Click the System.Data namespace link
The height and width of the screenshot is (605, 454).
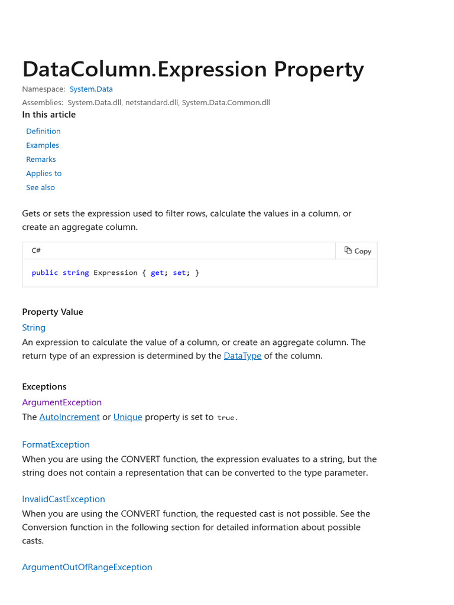coord(91,89)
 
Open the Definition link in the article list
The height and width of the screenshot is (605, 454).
coord(43,131)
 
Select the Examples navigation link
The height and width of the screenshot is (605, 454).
coord(43,145)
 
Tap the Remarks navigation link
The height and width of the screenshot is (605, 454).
coord(41,160)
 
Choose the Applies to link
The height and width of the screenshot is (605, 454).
coord(44,174)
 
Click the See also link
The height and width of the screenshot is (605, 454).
coord(40,187)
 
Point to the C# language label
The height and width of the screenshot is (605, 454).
coord(36,251)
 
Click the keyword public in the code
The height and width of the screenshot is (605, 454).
coord(45,273)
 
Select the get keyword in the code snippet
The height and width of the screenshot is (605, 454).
coord(157,273)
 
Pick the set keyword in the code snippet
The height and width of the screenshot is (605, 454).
coord(179,273)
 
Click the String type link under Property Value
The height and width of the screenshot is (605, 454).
coord(34,328)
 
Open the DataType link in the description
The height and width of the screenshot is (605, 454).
coord(242,356)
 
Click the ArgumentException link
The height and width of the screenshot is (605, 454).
coord(62,402)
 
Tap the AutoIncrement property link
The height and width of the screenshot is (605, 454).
coord(69,417)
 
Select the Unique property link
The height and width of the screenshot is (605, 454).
coord(128,417)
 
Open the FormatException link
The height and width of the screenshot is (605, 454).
coord(56,445)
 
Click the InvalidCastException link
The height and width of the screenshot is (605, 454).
coord(63,499)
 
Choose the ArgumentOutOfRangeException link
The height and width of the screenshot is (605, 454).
coord(87,567)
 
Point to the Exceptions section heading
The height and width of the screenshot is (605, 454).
coord(44,387)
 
